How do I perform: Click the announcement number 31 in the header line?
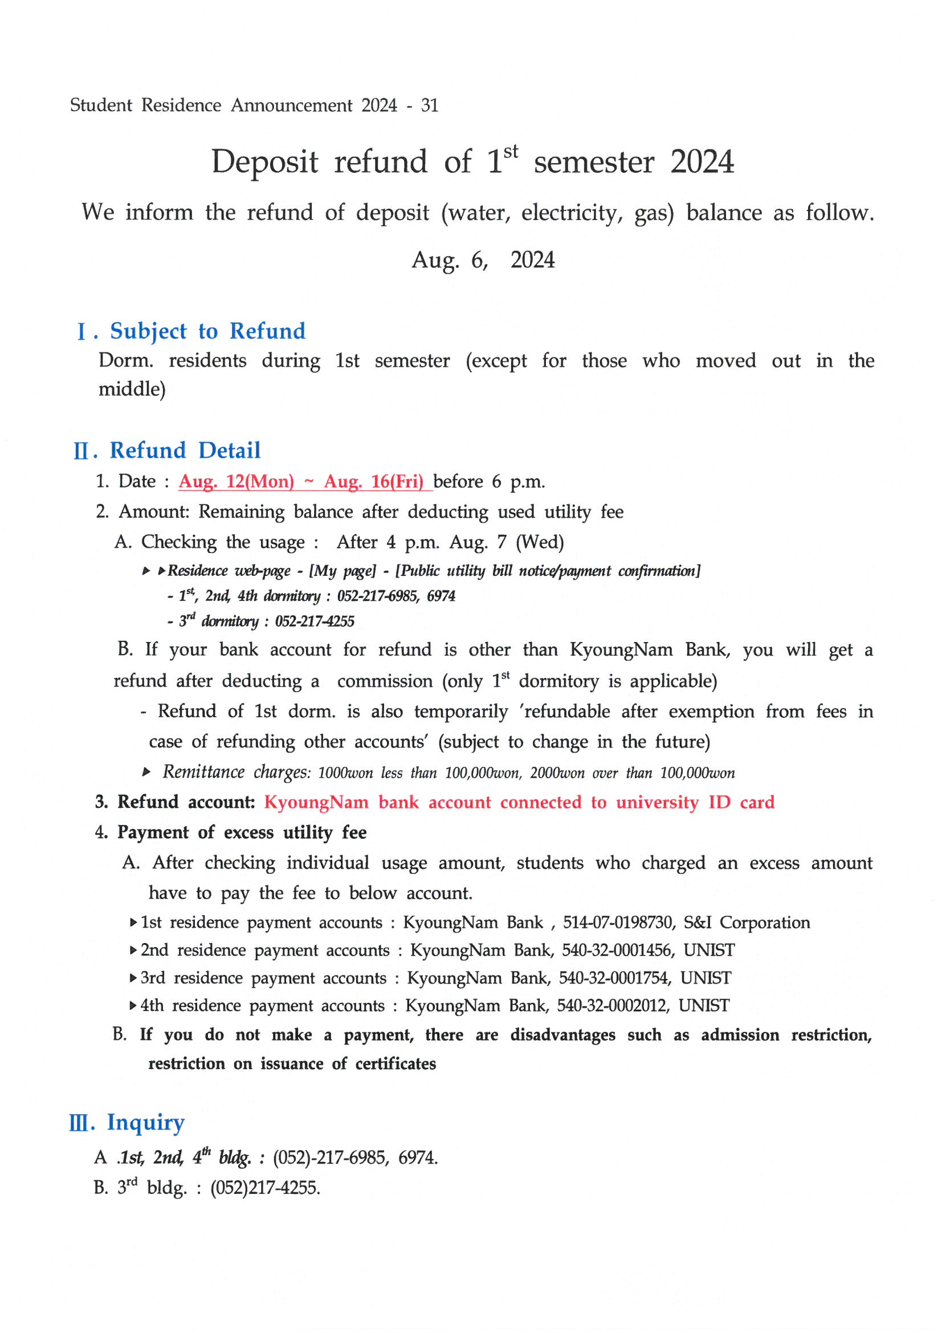coord(430,105)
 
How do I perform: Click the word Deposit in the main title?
coord(264,162)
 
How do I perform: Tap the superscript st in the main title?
coord(510,152)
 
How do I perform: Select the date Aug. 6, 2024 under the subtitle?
coord(483,260)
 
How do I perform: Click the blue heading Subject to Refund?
coord(207,331)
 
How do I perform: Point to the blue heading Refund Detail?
coord(185,450)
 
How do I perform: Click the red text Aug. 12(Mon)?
coord(236,481)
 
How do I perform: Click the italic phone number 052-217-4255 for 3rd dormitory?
coord(315,622)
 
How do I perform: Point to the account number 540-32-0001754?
coord(615,978)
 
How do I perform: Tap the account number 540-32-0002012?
coord(613,1006)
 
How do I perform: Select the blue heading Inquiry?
coord(146,1123)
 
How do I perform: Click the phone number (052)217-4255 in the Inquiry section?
coord(264,1188)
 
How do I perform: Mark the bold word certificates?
coord(395,1064)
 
